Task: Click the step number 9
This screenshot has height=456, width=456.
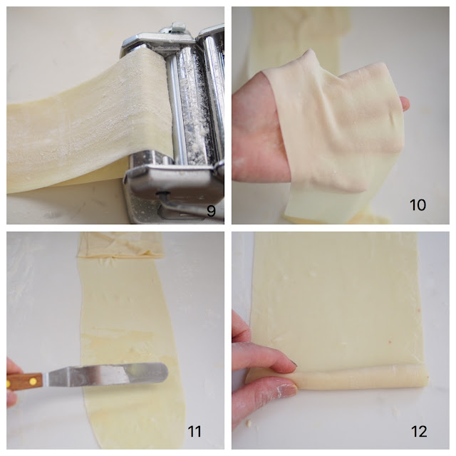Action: (x=211, y=211)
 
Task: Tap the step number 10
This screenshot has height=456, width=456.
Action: (x=418, y=204)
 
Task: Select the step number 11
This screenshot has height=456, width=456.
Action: (x=195, y=431)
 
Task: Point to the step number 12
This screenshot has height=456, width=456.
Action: (x=419, y=431)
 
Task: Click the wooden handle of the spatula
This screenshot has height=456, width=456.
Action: (x=25, y=381)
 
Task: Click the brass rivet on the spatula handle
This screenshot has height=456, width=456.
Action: (x=33, y=380)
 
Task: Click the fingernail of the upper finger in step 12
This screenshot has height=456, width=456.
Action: (x=293, y=364)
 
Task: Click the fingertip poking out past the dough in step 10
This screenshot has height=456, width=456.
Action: (x=405, y=103)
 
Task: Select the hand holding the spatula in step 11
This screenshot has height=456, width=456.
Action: (x=12, y=381)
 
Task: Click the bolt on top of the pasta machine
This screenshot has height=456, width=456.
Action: (x=176, y=28)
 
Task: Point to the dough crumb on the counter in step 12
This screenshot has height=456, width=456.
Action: (x=248, y=423)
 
